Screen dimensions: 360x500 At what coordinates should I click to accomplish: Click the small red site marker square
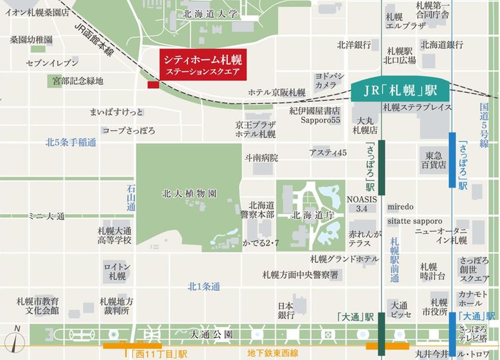tap(153, 85)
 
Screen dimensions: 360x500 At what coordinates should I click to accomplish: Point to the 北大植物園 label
tap(189, 194)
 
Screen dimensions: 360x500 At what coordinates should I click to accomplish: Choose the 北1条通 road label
tap(204, 287)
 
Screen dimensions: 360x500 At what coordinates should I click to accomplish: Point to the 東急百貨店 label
tap(436, 159)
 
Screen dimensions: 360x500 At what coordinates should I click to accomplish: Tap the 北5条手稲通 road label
tap(71, 142)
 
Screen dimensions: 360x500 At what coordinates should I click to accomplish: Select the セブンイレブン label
tap(52, 63)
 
